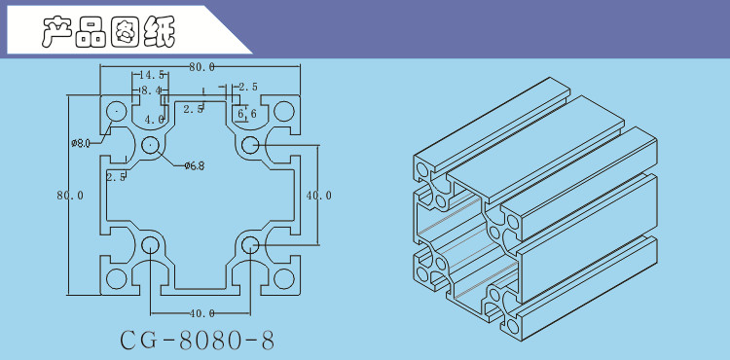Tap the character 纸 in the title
click(x=160, y=32)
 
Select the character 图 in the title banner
click(x=126, y=32)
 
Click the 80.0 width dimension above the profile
click(x=201, y=67)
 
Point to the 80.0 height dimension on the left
click(x=70, y=196)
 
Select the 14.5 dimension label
click(x=151, y=75)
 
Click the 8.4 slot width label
click(x=151, y=90)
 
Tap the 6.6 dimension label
click(x=247, y=114)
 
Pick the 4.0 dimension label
click(x=154, y=120)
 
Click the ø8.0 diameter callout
click(x=81, y=143)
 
